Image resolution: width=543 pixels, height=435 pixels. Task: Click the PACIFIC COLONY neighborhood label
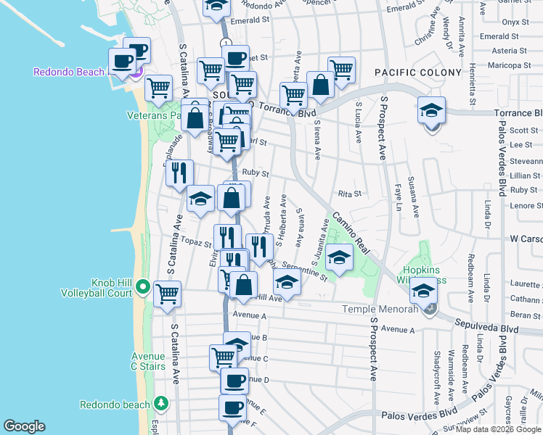pos(417,73)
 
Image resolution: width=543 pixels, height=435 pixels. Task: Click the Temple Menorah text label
pos(380,310)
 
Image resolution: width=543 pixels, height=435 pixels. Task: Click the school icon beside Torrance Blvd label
pos(431,112)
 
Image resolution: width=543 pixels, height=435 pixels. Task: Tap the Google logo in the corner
pos(24,427)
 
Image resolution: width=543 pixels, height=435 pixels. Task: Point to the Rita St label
pos(350,194)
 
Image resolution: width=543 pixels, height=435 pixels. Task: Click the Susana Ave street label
pos(414,196)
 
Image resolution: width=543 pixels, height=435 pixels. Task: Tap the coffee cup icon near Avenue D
pos(234,381)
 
